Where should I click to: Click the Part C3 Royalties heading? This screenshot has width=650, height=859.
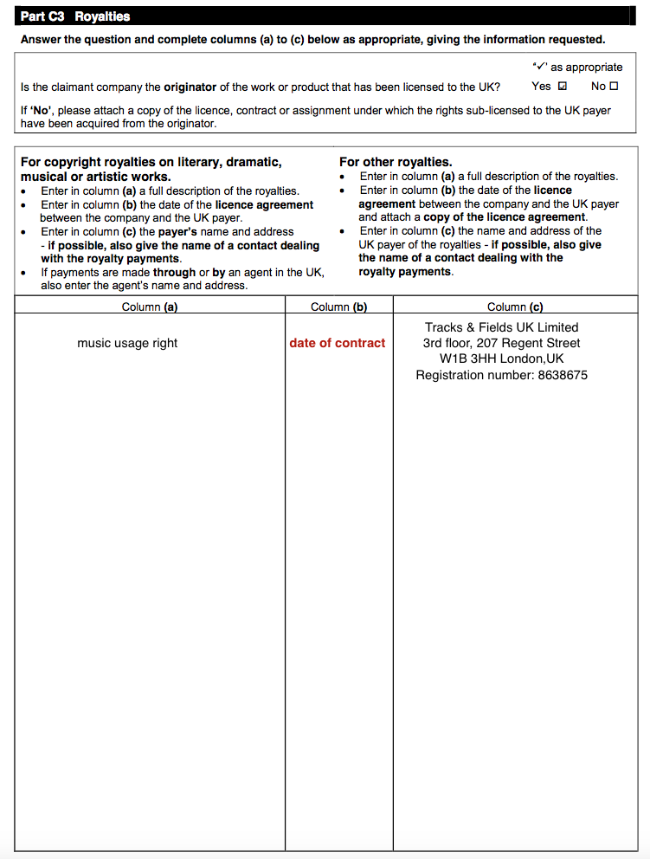(75, 16)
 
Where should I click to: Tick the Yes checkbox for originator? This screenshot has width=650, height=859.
(563, 87)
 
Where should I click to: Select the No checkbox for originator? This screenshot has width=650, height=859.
(614, 87)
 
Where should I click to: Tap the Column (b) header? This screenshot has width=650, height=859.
(338, 307)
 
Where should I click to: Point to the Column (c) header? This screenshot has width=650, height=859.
(515, 307)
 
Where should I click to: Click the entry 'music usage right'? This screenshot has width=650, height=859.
(127, 343)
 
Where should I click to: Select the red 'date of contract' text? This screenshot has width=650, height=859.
(338, 343)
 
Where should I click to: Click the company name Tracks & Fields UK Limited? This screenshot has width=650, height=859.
(501, 327)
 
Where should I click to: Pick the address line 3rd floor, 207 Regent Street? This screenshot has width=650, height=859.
(501, 343)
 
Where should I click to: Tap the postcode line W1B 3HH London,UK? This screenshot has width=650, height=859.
(501, 358)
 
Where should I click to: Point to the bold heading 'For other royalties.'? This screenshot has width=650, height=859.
(396, 162)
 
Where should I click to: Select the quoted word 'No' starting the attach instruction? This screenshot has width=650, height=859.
(42, 110)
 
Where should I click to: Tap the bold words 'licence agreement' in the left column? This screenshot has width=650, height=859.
(264, 204)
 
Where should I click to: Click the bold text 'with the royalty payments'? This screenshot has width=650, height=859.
(111, 258)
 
